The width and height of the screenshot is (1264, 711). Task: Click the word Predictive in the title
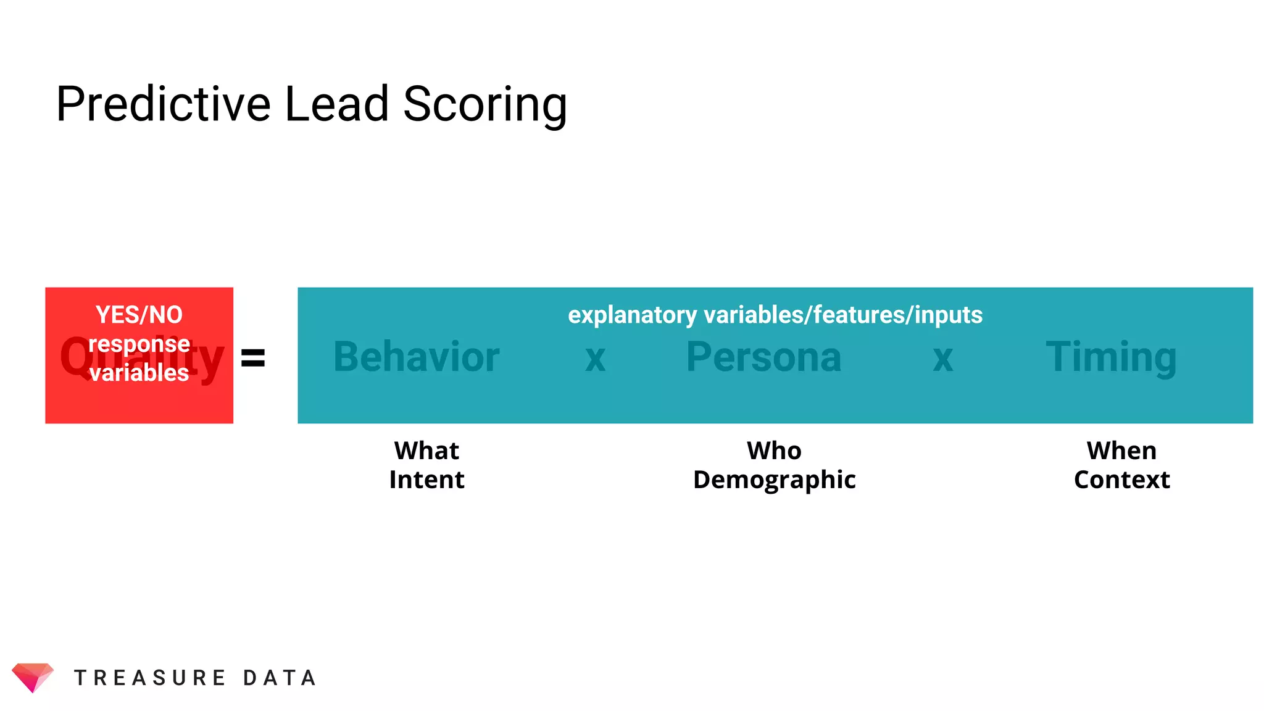click(164, 104)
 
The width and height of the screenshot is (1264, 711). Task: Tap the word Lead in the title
click(336, 104)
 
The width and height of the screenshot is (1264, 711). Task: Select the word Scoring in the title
click(485, 105)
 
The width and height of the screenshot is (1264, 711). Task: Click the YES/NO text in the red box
click(139, 315)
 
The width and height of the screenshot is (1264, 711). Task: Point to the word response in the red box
click(139, 344)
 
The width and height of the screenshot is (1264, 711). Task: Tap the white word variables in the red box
click(139, 373)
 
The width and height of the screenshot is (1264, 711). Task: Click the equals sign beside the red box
click(253, 357)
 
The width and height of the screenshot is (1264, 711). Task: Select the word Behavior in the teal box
click(417, 357)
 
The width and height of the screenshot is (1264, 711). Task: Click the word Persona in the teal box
click(764, 357)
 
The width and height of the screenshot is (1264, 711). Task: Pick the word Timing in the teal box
click(1111, 357)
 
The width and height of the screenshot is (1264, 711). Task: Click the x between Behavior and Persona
click(596, 358)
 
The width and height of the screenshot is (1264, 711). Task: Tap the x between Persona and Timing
click(943, 358)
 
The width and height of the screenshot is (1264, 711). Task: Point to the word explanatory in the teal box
click(633, 315)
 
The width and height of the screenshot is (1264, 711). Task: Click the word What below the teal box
click(426, 451)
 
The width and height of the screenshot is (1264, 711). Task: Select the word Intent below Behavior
click(426, 480)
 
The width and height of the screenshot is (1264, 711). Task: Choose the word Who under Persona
click(774, 451)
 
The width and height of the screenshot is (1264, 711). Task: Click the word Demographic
click(774, 480)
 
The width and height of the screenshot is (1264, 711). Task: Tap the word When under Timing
click(1121, 451)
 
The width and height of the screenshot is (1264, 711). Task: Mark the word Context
click(1121, 480)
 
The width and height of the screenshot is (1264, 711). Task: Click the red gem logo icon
click(33, 677)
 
